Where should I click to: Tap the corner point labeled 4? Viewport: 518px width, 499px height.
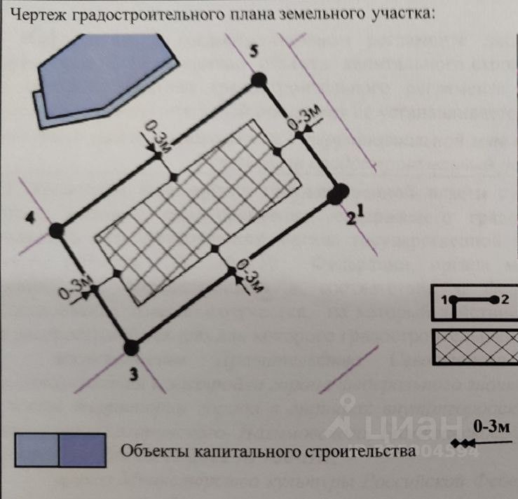click(57, 230)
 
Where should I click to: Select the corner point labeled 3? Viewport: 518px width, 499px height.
click(132, 346)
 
